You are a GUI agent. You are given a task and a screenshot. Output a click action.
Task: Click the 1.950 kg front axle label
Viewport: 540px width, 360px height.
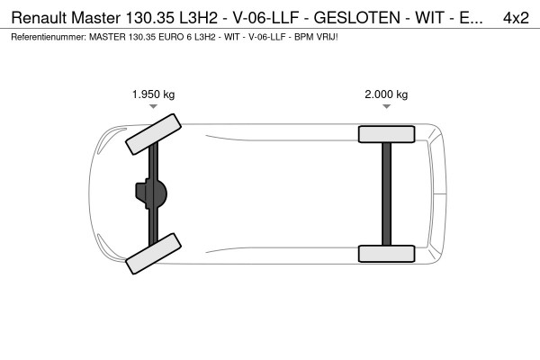[x=153, y=94]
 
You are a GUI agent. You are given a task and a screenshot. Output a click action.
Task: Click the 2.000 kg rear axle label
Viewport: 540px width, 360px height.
[x=386, y=94]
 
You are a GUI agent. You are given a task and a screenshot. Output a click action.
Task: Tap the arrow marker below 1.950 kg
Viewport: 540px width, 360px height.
[x=153, y=106]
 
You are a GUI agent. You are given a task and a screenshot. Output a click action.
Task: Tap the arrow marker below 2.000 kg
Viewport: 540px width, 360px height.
[x=386, y=106]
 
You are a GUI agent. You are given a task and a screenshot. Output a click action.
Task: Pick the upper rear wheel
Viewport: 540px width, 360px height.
[x=385, y=134]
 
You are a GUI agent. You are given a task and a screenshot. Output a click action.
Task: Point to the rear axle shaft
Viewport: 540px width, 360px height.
[x=386, y=193]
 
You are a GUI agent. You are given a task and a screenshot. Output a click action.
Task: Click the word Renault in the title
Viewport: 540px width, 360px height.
[x=40, y=17]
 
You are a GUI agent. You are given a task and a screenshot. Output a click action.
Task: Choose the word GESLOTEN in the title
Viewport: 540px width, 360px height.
[x=366, y=17]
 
